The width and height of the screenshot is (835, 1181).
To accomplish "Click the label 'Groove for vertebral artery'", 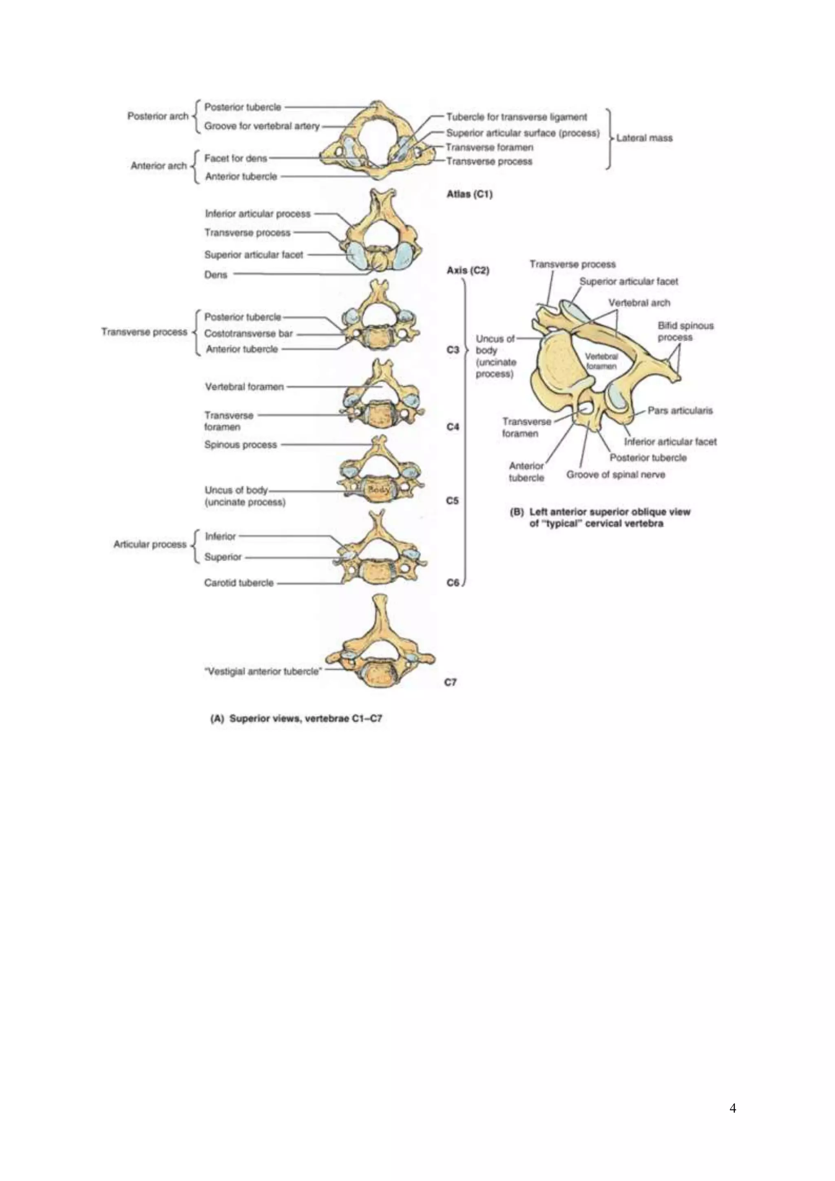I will tap(262, 126).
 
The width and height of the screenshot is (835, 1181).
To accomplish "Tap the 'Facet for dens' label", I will tap(236, 158).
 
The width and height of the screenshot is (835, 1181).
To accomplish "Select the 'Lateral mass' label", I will tap(644, 138).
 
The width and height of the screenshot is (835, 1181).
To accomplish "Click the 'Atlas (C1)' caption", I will tap(469, 195).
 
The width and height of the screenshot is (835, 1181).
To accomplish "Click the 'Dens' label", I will tap(215, 275).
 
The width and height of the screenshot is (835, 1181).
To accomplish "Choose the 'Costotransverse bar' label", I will tap(248, 333).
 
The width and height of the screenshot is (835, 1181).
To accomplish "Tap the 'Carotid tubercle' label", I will tap(239, 583).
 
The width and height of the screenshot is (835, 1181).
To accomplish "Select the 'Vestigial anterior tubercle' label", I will tap(263, 671).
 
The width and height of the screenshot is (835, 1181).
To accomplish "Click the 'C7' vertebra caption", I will tap(451, 682).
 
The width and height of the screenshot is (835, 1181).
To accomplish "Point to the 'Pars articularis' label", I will tap(680, 411).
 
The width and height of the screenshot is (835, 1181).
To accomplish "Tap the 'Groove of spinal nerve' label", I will tap(616, 474).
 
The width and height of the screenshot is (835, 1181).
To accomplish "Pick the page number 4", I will tap(733, 1108).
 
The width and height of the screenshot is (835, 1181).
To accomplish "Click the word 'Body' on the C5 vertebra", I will tap(379, 490).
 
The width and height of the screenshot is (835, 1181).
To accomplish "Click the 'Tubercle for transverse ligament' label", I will tap(516, 117).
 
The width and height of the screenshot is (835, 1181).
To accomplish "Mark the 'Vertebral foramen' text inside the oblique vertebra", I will tap(601, 361).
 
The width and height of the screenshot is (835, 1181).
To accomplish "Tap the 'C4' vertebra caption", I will tap(453, 427).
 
